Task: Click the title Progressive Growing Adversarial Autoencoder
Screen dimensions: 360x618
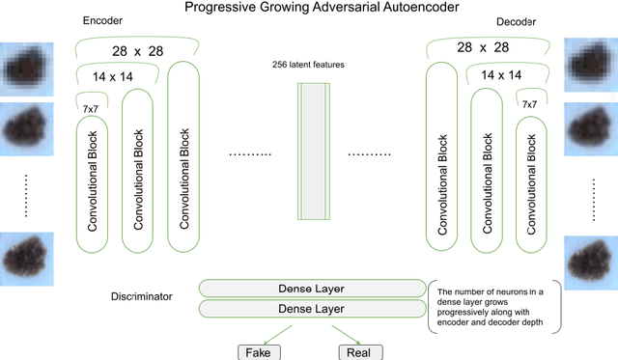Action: tap(308, 9)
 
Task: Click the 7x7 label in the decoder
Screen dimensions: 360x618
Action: tap(529, 104)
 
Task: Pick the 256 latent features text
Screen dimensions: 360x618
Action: tap(309, 65)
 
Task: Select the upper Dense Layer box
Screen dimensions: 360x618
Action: tap(312, 289)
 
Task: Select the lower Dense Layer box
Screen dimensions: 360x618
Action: tap(312, 308)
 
